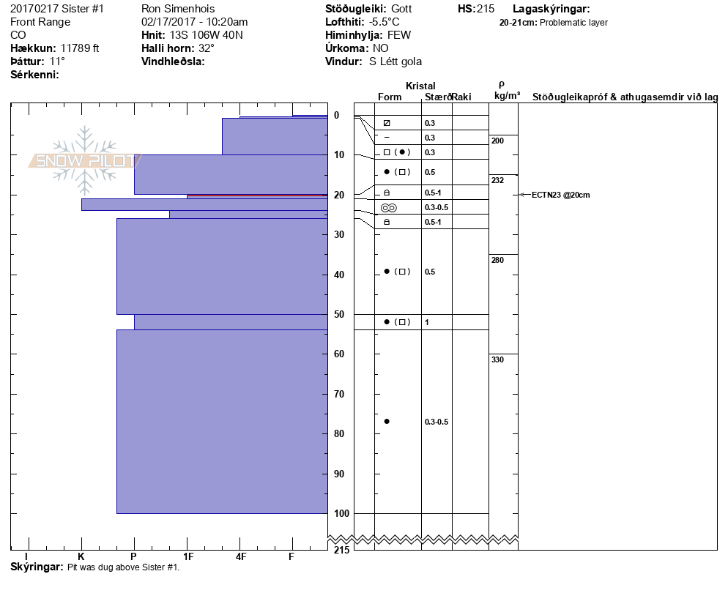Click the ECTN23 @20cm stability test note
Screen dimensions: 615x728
click(x=560, y=195)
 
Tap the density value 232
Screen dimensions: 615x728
click(x=497, y=180)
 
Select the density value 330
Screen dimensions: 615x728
click(x=497, y=359)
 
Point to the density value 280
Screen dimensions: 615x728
click(x=497, y=260)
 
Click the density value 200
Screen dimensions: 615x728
click(x=497, y=141)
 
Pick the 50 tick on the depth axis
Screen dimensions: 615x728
click(x=339, y=314)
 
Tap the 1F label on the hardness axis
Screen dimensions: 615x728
click(x=187, y=556)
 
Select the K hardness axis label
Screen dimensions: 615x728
click(x=81, y=556)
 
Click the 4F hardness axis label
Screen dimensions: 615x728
click(x=240, y=556)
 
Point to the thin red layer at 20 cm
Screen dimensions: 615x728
click(x=256, y=195)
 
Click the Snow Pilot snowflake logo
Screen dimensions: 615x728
click(x=85, y=160)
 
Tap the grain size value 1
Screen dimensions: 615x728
click(x=427, y=322)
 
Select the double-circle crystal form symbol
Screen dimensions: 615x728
click(x=388, y=208)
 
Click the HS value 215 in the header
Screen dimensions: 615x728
click(x=486, y=9)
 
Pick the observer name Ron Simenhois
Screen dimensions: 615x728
click(x=177, y=9)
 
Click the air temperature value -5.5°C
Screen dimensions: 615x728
click(x=385, y=22)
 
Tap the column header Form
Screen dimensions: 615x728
click(x=390, y=97)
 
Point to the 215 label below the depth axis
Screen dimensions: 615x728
click(x=341, y=550)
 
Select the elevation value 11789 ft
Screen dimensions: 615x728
click(x=80, y=48)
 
